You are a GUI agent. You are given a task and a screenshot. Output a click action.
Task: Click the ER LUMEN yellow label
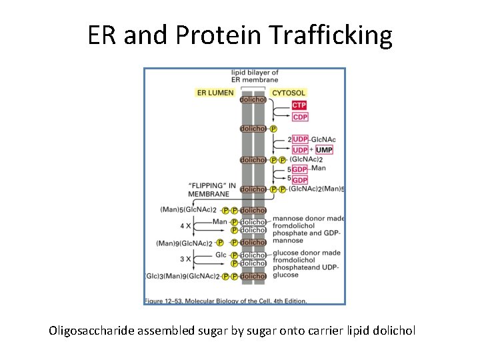(215, 93)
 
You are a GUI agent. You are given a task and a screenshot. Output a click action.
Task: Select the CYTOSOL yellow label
(289, 93)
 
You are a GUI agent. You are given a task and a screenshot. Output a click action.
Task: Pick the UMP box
(324, 150)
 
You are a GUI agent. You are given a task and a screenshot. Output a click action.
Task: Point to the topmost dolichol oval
(253, 99)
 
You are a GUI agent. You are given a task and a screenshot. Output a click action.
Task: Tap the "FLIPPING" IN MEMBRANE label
(211, 189)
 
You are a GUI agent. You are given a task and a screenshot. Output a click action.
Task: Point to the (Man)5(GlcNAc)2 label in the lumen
(187, 209)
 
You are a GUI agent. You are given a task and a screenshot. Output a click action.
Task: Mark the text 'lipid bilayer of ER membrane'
(254, 76)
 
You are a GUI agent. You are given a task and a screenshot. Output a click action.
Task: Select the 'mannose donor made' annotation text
(309, 218)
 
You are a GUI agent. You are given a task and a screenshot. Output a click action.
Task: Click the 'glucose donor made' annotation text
(307, 253)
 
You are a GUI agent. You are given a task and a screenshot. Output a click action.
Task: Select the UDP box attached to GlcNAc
(300, 139)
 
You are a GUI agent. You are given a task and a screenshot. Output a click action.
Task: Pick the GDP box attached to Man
(300, 169)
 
